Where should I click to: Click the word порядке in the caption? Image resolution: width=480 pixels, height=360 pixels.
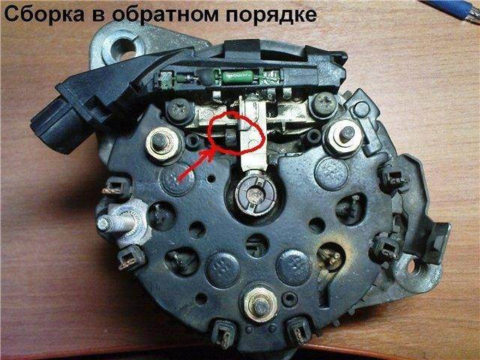point(271,16)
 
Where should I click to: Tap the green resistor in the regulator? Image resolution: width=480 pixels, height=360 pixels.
point(238,76)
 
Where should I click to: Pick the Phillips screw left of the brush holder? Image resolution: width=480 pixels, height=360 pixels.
point(178,108)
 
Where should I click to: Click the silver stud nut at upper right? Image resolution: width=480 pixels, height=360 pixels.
point(343,137)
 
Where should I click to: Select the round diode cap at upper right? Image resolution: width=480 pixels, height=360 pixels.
point(331,173)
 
